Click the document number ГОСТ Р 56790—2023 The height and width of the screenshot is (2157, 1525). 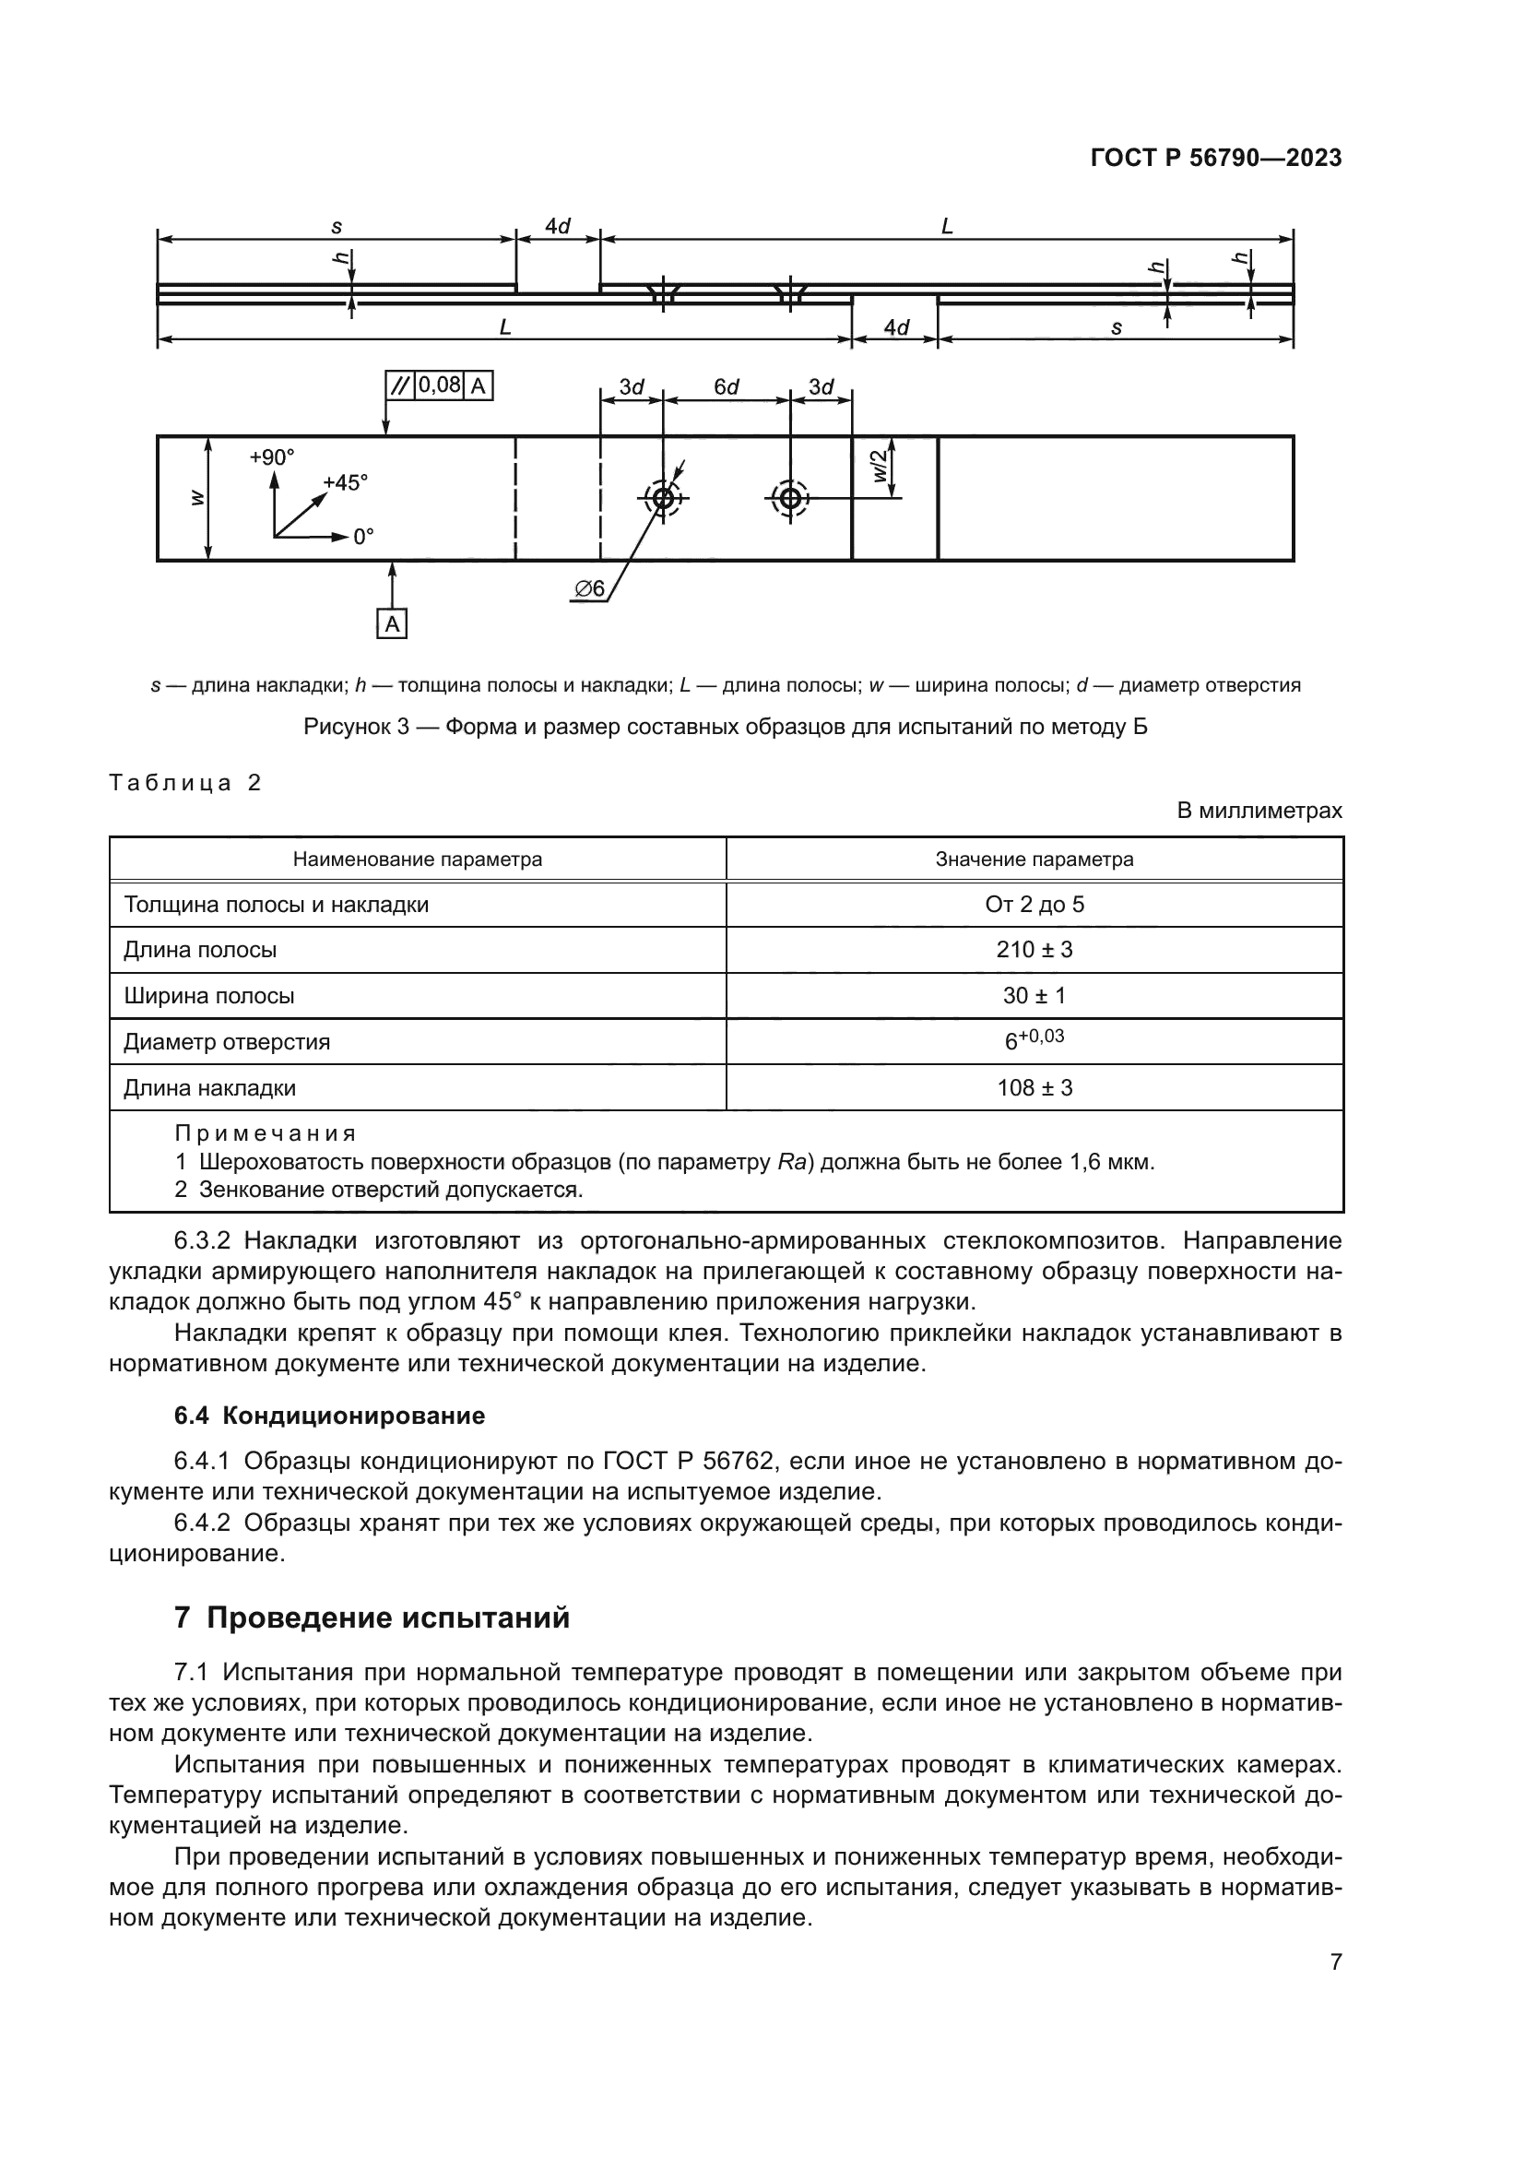tap(1215, 158)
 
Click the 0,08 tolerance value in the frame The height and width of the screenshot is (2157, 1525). tap(439, 385)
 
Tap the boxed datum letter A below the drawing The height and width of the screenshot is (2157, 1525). tap(392, 623)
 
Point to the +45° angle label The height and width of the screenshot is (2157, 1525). tap(345, 483)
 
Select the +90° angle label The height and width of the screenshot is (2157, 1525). tap(271, 457)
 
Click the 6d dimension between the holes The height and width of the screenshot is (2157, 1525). tap(726, 387)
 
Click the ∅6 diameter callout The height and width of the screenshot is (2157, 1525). tap(590, 589)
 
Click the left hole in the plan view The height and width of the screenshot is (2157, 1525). tap(663, 498)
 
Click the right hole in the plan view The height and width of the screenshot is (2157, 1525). tap(790, 498)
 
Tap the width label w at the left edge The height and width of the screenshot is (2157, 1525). tap(197, 498)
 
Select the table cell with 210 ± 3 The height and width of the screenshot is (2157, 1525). tap(1034, 950)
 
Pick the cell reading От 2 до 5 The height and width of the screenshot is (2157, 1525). tap(1034, 905)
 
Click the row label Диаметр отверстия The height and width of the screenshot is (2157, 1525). tap(226, 1042)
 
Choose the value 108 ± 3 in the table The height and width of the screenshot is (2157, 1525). tap(1034, 1088)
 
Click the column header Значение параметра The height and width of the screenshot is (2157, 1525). tap(1034, 859)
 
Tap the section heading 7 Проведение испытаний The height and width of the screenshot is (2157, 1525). tap(372, 1618)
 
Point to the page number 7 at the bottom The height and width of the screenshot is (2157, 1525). tap(1335, 1961)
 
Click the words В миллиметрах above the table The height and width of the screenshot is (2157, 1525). tap(1259, 810)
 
